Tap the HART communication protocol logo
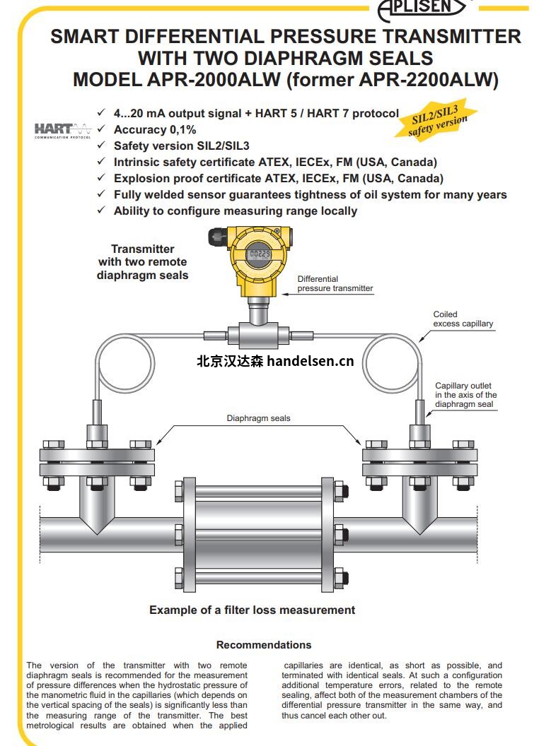coord(63,130)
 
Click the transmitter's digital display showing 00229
coord(260,254)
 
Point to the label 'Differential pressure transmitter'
coord(335,283)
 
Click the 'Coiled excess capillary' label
coord(463,319)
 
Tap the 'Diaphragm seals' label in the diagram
coord(258,418)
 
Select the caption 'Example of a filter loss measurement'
coord(252,610)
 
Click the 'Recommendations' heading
coord(264,644)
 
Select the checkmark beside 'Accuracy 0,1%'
coord(101,129)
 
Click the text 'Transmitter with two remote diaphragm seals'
coord(143,262)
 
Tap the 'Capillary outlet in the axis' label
coord(465,395)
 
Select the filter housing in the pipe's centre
coord(257,528)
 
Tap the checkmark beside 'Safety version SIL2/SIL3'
coord(101,146)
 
